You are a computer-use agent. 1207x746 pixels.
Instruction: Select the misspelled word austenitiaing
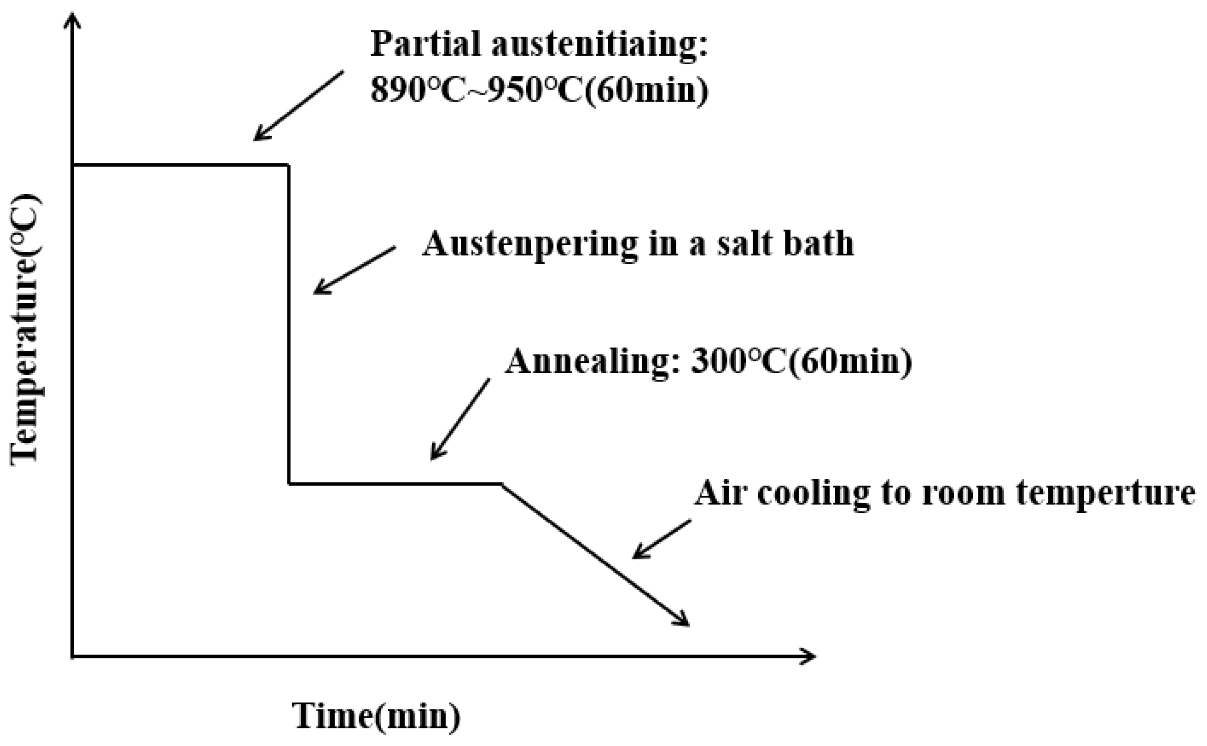click(x=599, y=44)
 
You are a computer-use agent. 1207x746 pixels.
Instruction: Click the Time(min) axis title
click(x=376, y=716)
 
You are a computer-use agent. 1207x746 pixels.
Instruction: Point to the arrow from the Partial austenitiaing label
click(x=298, y=106)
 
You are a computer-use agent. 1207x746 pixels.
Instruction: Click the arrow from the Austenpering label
click(x=354, y=270)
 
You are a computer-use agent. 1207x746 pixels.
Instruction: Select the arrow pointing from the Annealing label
click(x=460, y=419)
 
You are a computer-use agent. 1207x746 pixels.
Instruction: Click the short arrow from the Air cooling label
click(x=662, y=539)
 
